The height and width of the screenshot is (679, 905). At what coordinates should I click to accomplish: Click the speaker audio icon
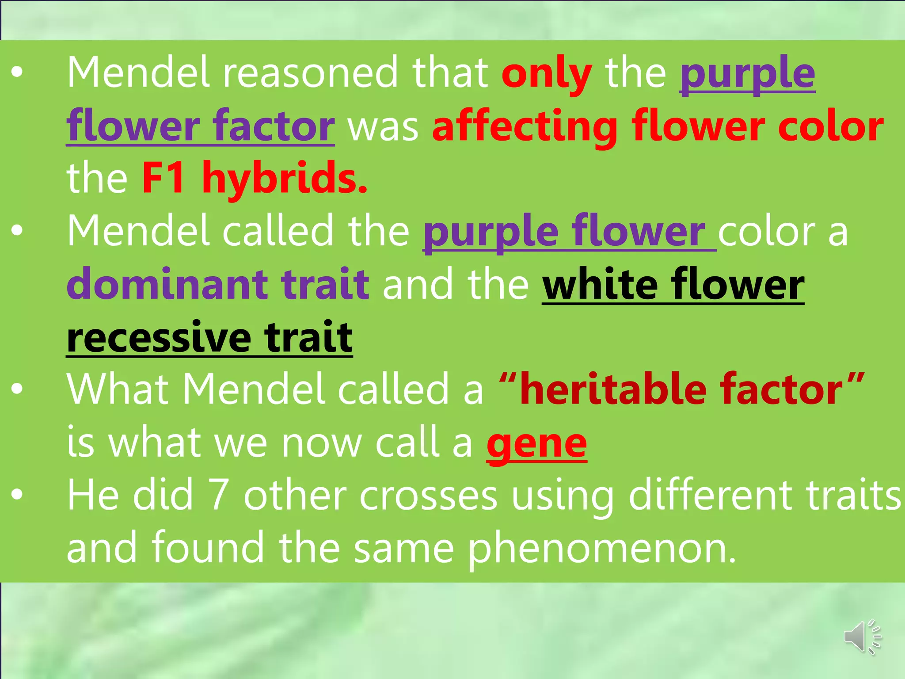[862, 637]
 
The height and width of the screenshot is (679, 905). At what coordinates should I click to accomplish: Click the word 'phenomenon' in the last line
[602, 548]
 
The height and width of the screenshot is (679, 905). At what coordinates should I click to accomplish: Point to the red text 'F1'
[164, 178]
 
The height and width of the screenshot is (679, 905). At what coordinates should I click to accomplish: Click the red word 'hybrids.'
[285, 178]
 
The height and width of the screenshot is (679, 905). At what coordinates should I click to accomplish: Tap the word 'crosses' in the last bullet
[428, 496]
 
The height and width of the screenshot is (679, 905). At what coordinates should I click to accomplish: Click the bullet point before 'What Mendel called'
[17, 389]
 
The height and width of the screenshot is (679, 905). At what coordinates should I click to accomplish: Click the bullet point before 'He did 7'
[17, 496]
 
